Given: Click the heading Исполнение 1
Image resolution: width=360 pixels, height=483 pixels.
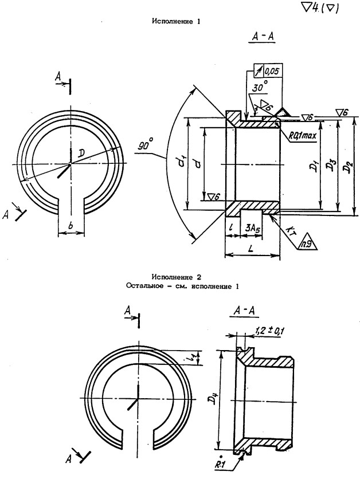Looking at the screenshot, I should tap(175, 21).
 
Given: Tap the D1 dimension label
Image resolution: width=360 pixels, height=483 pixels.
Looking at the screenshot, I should tap(313, 168).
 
